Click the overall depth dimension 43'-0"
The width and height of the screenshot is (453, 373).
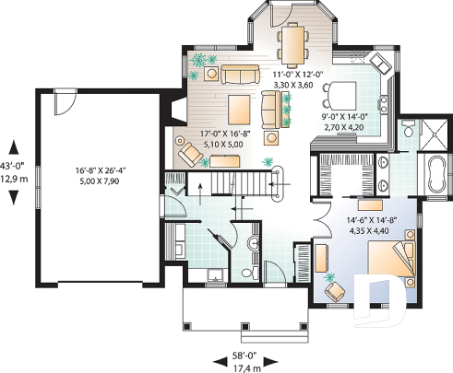(11, 166)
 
